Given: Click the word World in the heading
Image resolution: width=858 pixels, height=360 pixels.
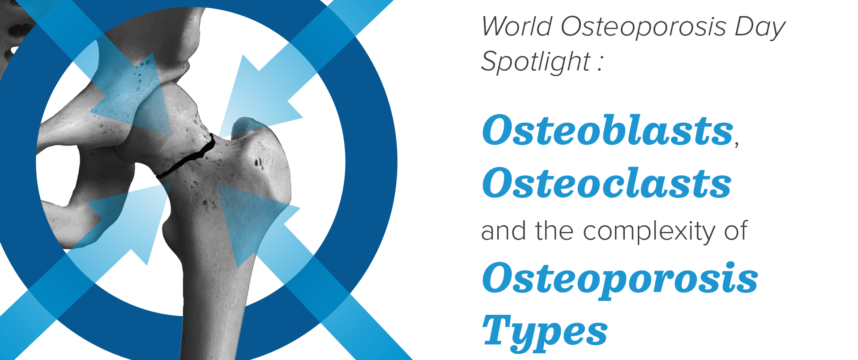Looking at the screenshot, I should tap(517, 27).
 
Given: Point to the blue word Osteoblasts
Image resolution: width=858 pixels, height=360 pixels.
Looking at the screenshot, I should tap(607, 130).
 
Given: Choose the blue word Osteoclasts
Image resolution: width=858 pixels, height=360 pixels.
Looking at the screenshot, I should tap(606, 184).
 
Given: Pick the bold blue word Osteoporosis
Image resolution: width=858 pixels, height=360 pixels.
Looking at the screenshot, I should tap(620, 279).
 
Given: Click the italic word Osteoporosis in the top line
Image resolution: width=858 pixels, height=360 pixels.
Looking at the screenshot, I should tap(643, 27).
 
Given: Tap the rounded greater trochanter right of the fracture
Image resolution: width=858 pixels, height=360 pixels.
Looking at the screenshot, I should tap(264, 157).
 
